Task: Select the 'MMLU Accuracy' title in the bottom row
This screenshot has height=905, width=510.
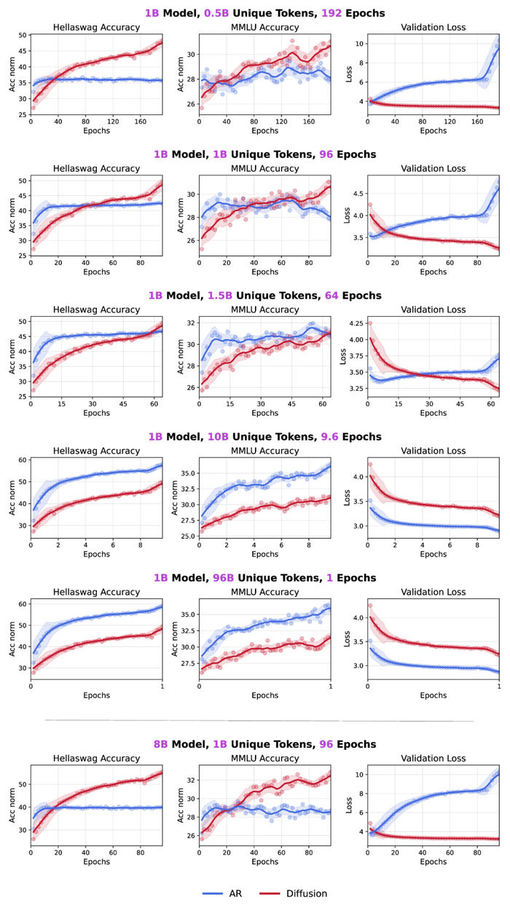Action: (x=265, y=759)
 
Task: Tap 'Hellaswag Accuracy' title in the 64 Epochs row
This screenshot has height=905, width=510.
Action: (x=96, y=309)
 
